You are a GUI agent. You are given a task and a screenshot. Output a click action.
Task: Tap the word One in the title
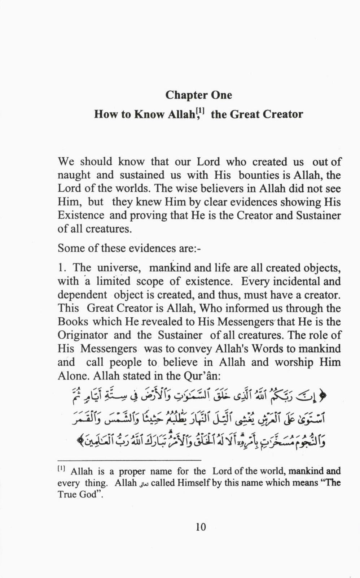[220, 95]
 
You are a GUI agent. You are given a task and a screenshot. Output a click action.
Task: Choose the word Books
[73, 322]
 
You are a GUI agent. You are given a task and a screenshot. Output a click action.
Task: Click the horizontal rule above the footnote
[129, 460]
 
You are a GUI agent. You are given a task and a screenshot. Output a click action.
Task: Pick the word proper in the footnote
[132, 471]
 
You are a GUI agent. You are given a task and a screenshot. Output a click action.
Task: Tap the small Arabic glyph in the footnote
[144, 483]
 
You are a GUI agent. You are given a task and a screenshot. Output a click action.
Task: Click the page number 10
[201, 527]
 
